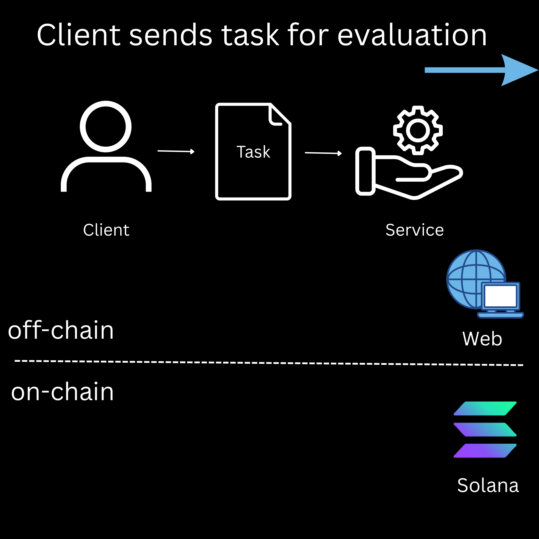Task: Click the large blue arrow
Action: coord(481,70)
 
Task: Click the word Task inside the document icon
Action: coord(253,152)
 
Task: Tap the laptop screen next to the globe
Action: coord(500,296)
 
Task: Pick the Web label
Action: coord(482,339)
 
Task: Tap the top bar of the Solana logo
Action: coord(485,408)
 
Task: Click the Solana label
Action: coord(488,486)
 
